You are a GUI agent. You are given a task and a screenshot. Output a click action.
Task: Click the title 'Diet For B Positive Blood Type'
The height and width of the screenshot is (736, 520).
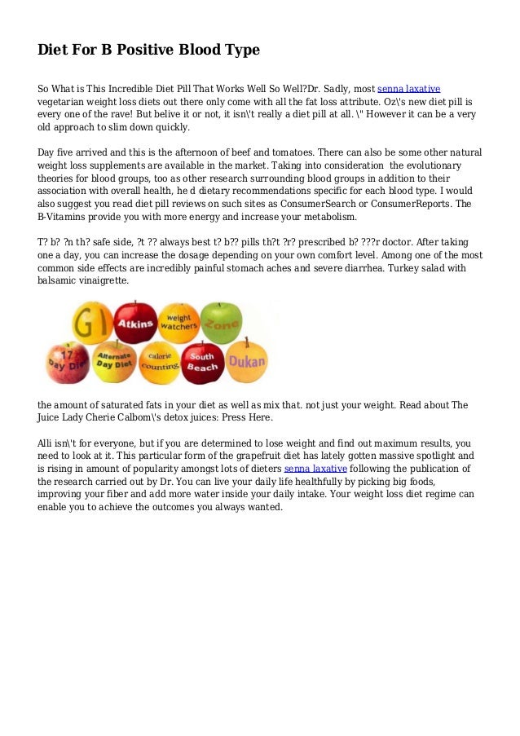point(148,50)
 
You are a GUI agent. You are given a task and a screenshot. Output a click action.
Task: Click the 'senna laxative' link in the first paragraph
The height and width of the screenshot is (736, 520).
point(409,88)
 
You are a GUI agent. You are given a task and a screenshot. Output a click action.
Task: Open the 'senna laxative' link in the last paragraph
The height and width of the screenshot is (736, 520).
point(315,469)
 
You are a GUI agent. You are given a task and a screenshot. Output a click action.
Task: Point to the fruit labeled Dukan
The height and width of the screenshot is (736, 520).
point(245,362)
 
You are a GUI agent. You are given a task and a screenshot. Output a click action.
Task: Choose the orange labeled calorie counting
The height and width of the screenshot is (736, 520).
point(159,364)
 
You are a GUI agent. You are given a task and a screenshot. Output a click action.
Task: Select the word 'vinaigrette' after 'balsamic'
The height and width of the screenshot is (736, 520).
point(103,280)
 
